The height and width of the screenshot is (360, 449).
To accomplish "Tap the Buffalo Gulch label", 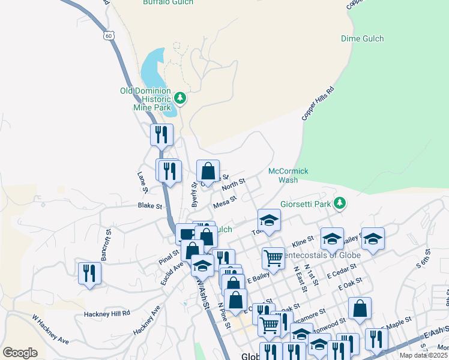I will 168,2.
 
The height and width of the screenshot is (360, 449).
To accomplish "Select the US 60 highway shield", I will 108,36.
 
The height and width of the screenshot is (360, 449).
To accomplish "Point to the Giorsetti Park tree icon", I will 340,203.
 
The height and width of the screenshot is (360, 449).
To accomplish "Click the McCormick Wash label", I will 288,175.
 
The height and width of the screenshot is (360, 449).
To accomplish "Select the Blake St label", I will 151,206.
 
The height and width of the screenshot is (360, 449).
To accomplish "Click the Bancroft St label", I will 106,244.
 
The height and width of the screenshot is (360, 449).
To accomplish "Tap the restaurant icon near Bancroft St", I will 89,273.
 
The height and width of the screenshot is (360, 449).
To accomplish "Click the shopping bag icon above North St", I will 208,171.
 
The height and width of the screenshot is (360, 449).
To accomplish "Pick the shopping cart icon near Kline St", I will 273,258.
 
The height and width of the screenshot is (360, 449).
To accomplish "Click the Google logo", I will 20,353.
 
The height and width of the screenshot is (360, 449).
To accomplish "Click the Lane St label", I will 142,182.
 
